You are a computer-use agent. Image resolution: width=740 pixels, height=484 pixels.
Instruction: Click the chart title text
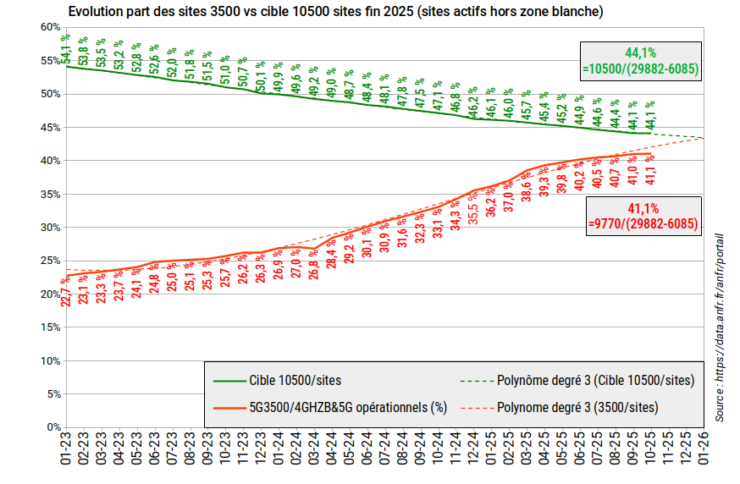(337, 12)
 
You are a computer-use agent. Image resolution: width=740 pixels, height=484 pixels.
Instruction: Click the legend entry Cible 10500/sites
(295, 381)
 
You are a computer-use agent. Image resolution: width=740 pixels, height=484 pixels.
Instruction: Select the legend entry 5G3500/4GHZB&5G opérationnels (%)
(347, 407)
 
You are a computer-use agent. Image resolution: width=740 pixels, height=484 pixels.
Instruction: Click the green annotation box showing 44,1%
(641, 61)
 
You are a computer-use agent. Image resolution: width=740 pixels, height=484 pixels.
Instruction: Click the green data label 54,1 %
(66, 49)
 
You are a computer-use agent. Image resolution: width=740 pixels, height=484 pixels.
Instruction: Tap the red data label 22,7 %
(66, 292)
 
